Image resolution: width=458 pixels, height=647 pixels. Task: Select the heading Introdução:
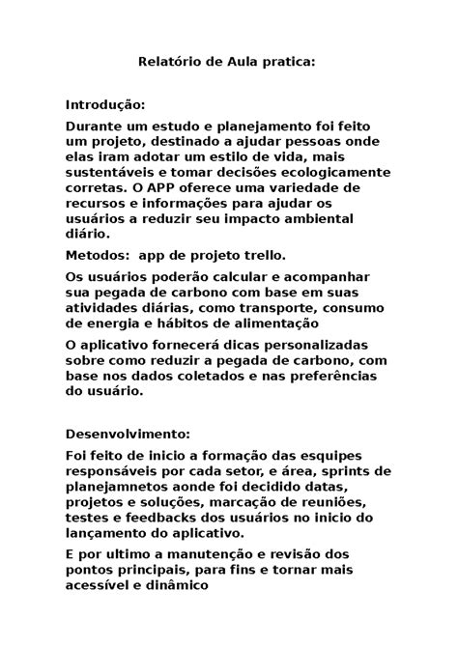pyautogui.click(x=105, y=103)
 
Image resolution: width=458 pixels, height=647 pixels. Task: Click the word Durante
pyautogui.click(x=95, y=127)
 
